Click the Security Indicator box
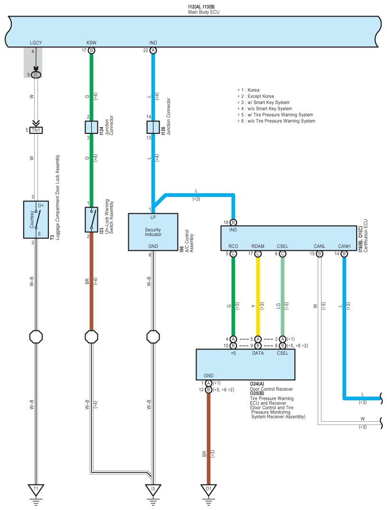click(153, 232)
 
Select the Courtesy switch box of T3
click(36, 219)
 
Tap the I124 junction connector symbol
click(91, 127)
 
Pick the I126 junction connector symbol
click(153, 127)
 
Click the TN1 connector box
click(36, 130)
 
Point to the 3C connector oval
click(36, 75)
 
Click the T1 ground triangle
click(36, 490)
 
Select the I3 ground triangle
click(153, 490)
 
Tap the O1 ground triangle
click(208, 490)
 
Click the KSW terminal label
click(91, 43)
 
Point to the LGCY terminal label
click(36, 43)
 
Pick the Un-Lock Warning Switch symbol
click(91, 219)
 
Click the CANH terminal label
click(344, 246)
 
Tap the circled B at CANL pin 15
click(320, 254)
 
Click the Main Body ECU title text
click(204, 12)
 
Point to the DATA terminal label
click(258, 353)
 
